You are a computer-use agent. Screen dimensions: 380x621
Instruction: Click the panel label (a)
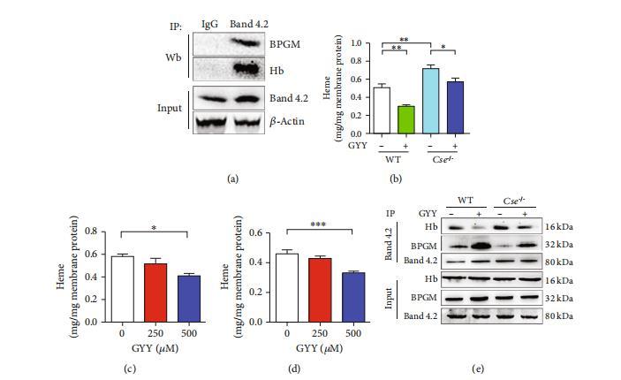click(x=233, y=179)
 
